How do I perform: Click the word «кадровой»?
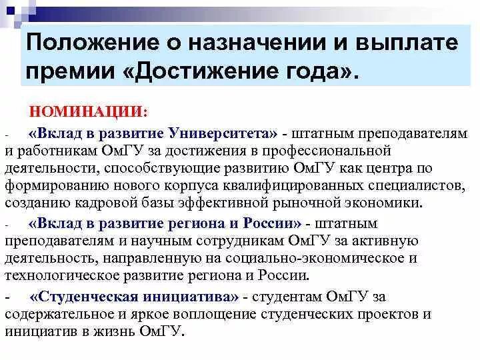pyautogui.click(x=113, y=203)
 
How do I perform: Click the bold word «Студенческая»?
pyautogui.click(x=86, y=296)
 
